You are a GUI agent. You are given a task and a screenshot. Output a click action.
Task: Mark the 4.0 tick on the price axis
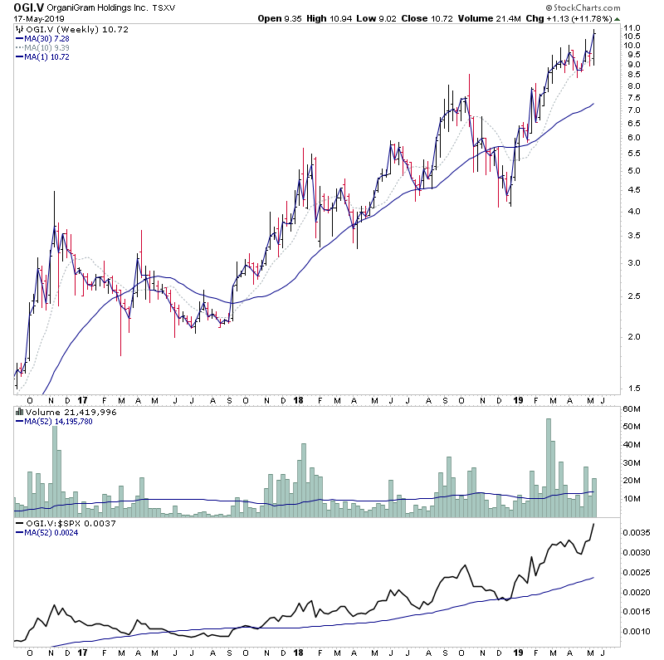click(632, 212)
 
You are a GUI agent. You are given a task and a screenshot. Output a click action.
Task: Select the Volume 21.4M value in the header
click(507, 19)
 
